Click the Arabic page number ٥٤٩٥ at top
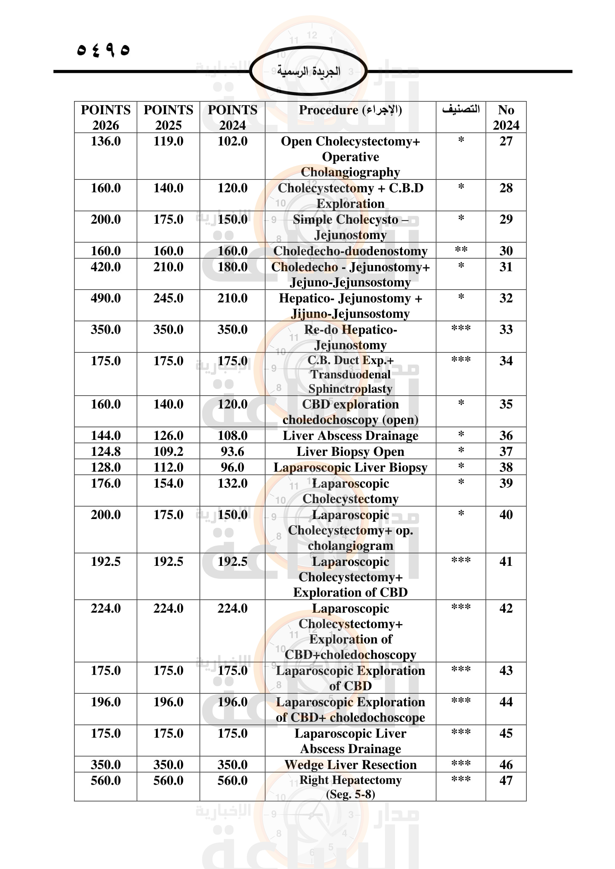coord(103,49)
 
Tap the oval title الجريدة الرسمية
coord(308,71)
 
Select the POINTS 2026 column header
coord(105,117)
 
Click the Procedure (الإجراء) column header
coord(350,110)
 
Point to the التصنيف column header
coord(460,109)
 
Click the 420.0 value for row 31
coord(105,267)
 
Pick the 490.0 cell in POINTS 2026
coord(105,298)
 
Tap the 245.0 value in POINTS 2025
coord(168,298)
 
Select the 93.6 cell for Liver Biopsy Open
coord(232,451)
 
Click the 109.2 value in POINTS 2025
coord(168,451)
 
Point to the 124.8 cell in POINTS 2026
coord(105,451)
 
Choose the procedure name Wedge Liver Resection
coord(350,765)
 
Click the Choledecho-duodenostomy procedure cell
coord(350,251)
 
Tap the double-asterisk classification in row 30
coord(461,250)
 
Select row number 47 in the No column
coord(506,781)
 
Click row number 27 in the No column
coord(506,141)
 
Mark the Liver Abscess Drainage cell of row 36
coord(350,436)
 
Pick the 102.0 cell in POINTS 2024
coord(232,141)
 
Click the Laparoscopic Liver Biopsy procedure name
coord(350,467)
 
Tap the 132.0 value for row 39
coord(232,483)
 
